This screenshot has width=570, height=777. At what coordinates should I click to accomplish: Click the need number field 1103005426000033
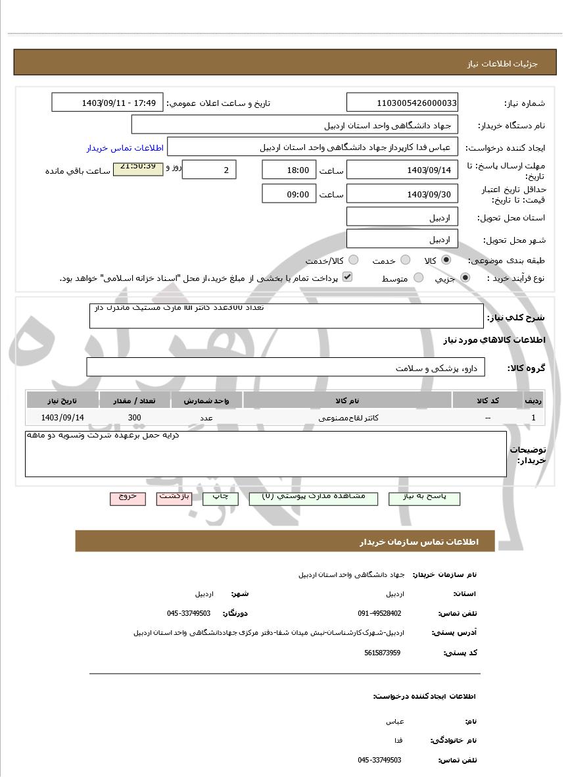(402, 103)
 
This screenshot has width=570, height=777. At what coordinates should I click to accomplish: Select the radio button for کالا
(446, 260)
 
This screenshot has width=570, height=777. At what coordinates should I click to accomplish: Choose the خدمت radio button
(406, 260)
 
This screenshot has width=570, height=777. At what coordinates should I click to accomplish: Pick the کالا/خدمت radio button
(354, 260)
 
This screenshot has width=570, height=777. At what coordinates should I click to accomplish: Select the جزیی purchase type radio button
(465, 278)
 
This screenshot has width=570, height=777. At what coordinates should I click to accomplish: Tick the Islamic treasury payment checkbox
(348, 277)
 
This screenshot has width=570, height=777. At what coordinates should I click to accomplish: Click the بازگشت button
(174, 498)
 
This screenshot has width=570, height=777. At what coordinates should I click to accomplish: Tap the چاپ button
(220, 498)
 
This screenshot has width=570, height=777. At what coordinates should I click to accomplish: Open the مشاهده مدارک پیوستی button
(314, 498)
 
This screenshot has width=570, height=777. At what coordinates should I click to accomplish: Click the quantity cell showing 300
(134, 418)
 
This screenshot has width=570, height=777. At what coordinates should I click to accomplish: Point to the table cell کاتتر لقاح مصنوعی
(348, 418)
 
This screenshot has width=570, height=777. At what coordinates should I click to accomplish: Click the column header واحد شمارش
(206, 400)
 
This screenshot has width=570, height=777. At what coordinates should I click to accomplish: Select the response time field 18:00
(289, 170)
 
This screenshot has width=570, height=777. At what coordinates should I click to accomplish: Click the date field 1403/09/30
(402, 194)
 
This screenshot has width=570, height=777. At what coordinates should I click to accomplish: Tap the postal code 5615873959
(382, 653)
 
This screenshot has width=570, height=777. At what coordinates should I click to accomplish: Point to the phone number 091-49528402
(379, 613)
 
